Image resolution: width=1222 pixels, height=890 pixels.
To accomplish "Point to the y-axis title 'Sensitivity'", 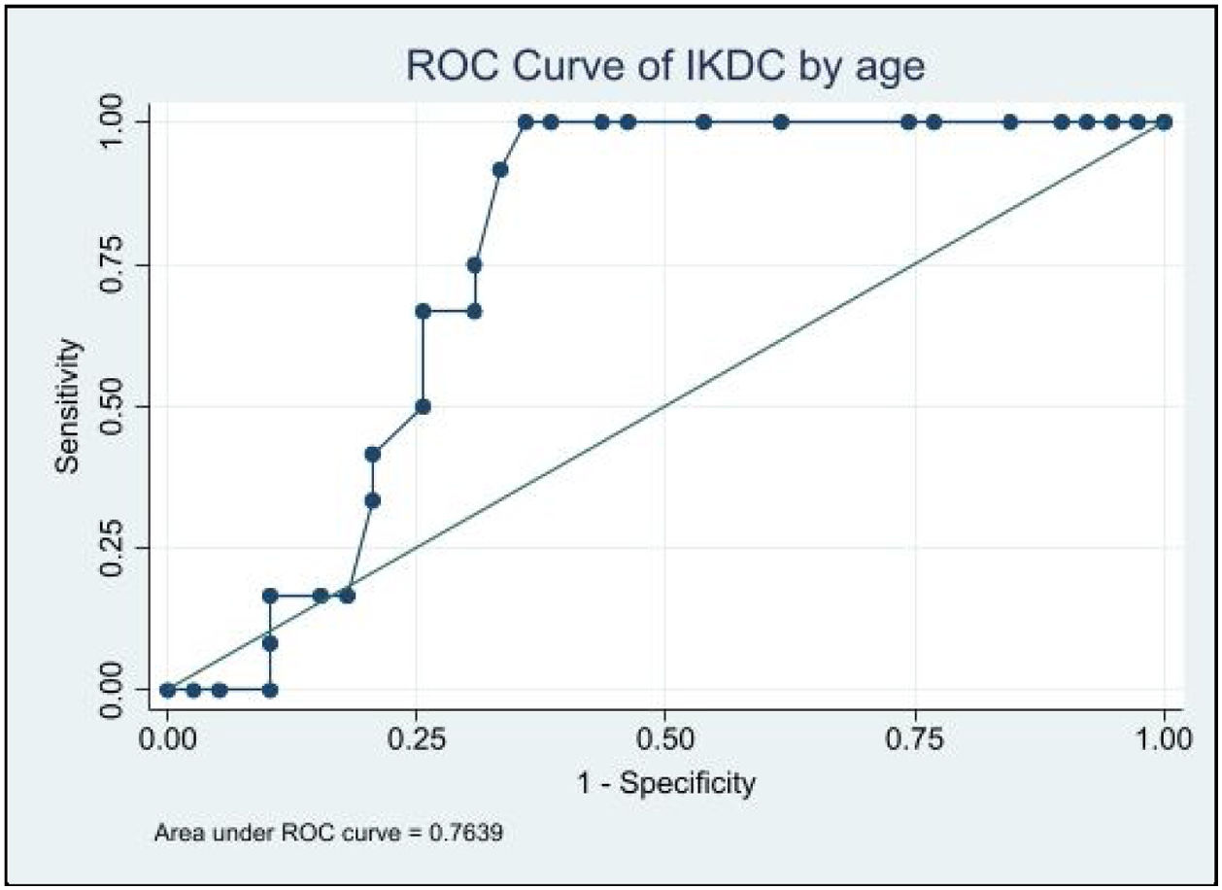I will click(67, 406).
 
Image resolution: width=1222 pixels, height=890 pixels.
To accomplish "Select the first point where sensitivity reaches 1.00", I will click(526, 121).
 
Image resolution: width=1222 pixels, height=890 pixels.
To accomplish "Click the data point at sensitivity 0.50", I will click(423, 406).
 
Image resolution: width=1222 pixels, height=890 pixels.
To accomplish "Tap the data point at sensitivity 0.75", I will click(474, 265).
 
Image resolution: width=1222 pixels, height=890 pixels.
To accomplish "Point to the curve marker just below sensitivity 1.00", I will click(500, 170).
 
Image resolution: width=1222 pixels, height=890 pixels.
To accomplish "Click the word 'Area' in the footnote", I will click(175, 834).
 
